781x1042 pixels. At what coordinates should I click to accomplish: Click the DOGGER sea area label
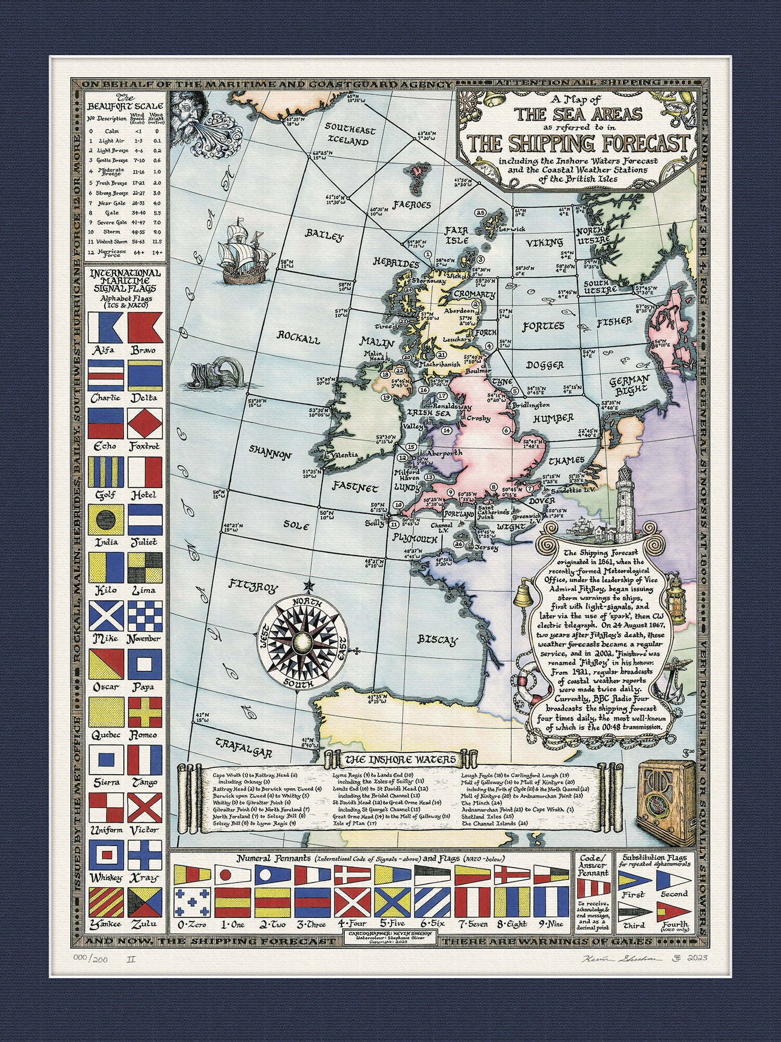545,365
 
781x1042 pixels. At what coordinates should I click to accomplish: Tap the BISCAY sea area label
438,640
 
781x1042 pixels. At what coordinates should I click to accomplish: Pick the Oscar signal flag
106,664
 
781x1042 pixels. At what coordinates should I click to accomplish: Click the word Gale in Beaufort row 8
112,213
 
